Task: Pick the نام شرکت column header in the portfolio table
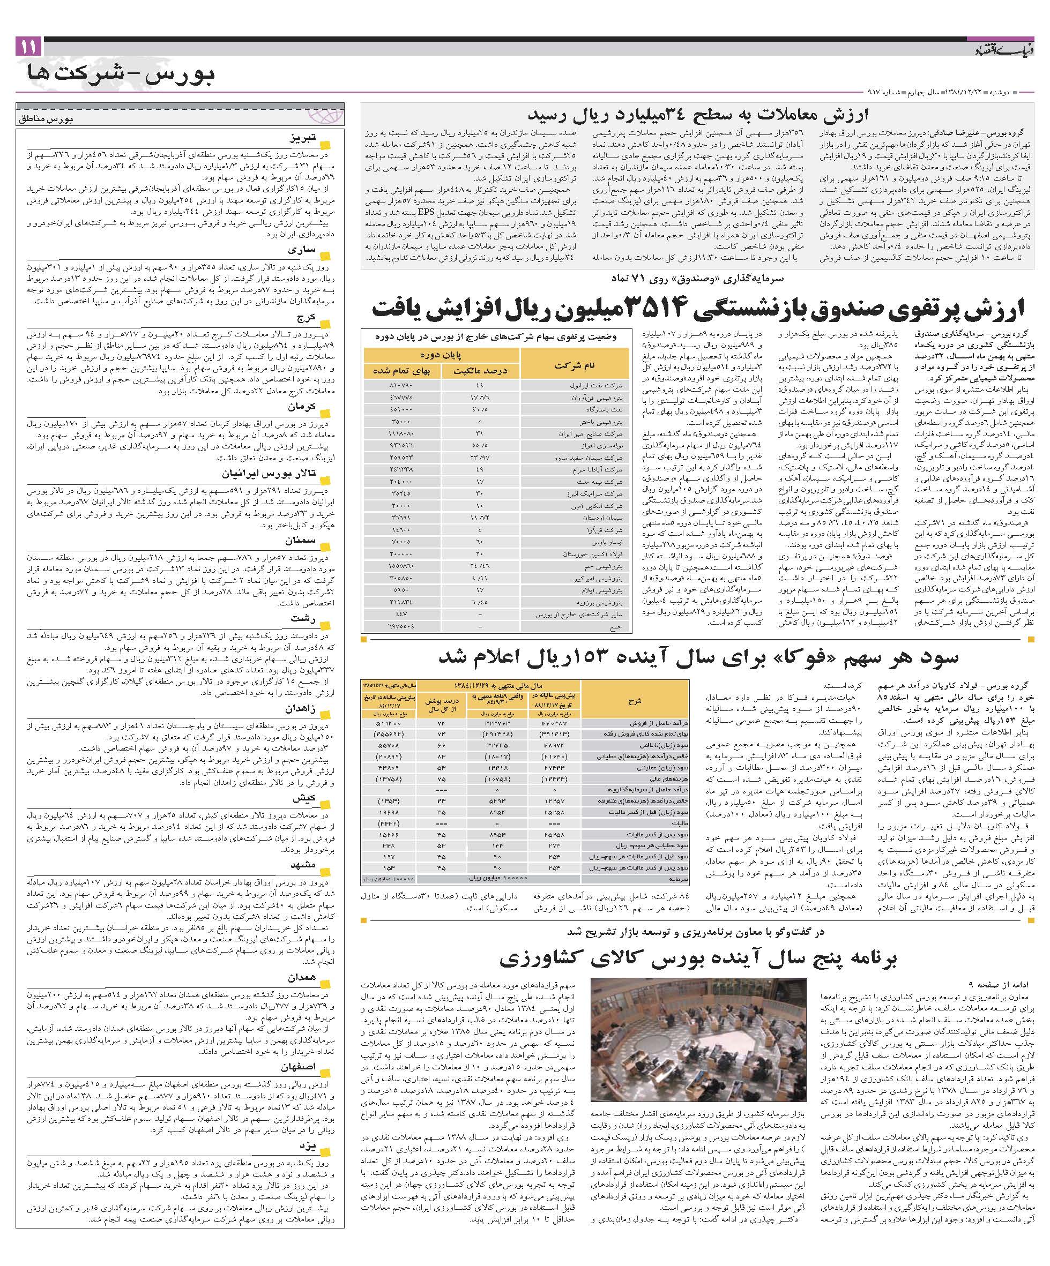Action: click(x=574, y=365)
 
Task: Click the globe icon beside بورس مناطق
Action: click(x=332, y=113)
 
